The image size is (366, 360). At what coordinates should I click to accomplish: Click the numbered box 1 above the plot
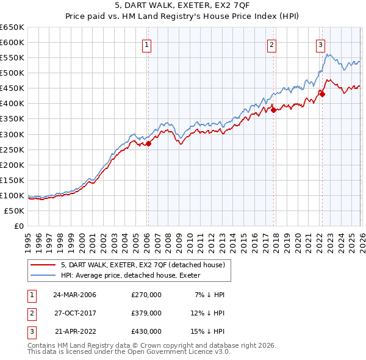click(148, 44)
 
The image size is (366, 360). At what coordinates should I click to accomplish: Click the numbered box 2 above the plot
click(271, 44)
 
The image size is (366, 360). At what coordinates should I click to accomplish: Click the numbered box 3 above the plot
click(320, 44)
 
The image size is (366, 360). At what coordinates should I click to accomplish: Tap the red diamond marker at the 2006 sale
click(148, 143)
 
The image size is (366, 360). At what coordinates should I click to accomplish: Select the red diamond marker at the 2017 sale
click(273, 110)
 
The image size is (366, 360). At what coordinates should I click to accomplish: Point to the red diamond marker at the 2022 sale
click(322, 94)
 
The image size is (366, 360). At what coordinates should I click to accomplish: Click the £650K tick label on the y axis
click(12, 27)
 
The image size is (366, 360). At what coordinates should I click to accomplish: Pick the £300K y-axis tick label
click(12, 134)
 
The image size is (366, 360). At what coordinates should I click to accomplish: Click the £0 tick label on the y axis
click(19, 226)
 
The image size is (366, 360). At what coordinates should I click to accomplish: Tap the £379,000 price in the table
click(146, 313)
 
